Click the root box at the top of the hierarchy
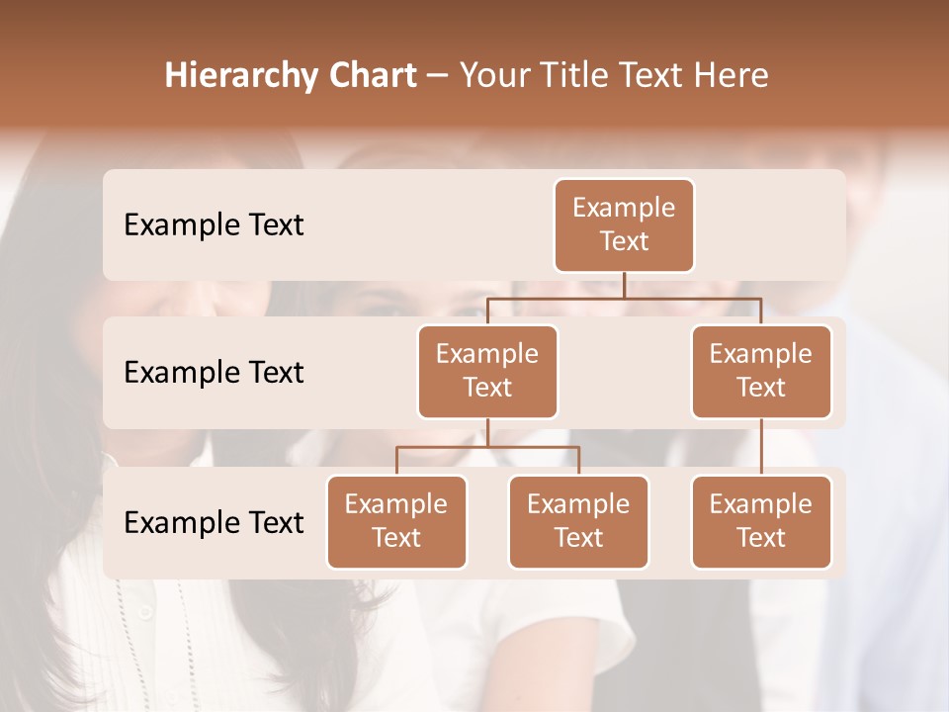pos(624,225)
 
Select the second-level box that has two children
pos(487,372)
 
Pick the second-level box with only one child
pos(761,372)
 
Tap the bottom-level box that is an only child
pos(761,522)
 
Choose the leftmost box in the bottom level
pos(396,522)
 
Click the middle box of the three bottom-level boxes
pos(578,522)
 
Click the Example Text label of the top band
pos(214,225)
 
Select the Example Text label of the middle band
pos(214,373)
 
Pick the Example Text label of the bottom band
pos(214,523)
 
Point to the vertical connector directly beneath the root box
pos(624,285)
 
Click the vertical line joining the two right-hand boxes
pos(761,447)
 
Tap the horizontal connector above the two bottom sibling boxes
pos(487,447)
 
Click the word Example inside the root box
pos(624,208)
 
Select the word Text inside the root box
pos(624,241)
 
